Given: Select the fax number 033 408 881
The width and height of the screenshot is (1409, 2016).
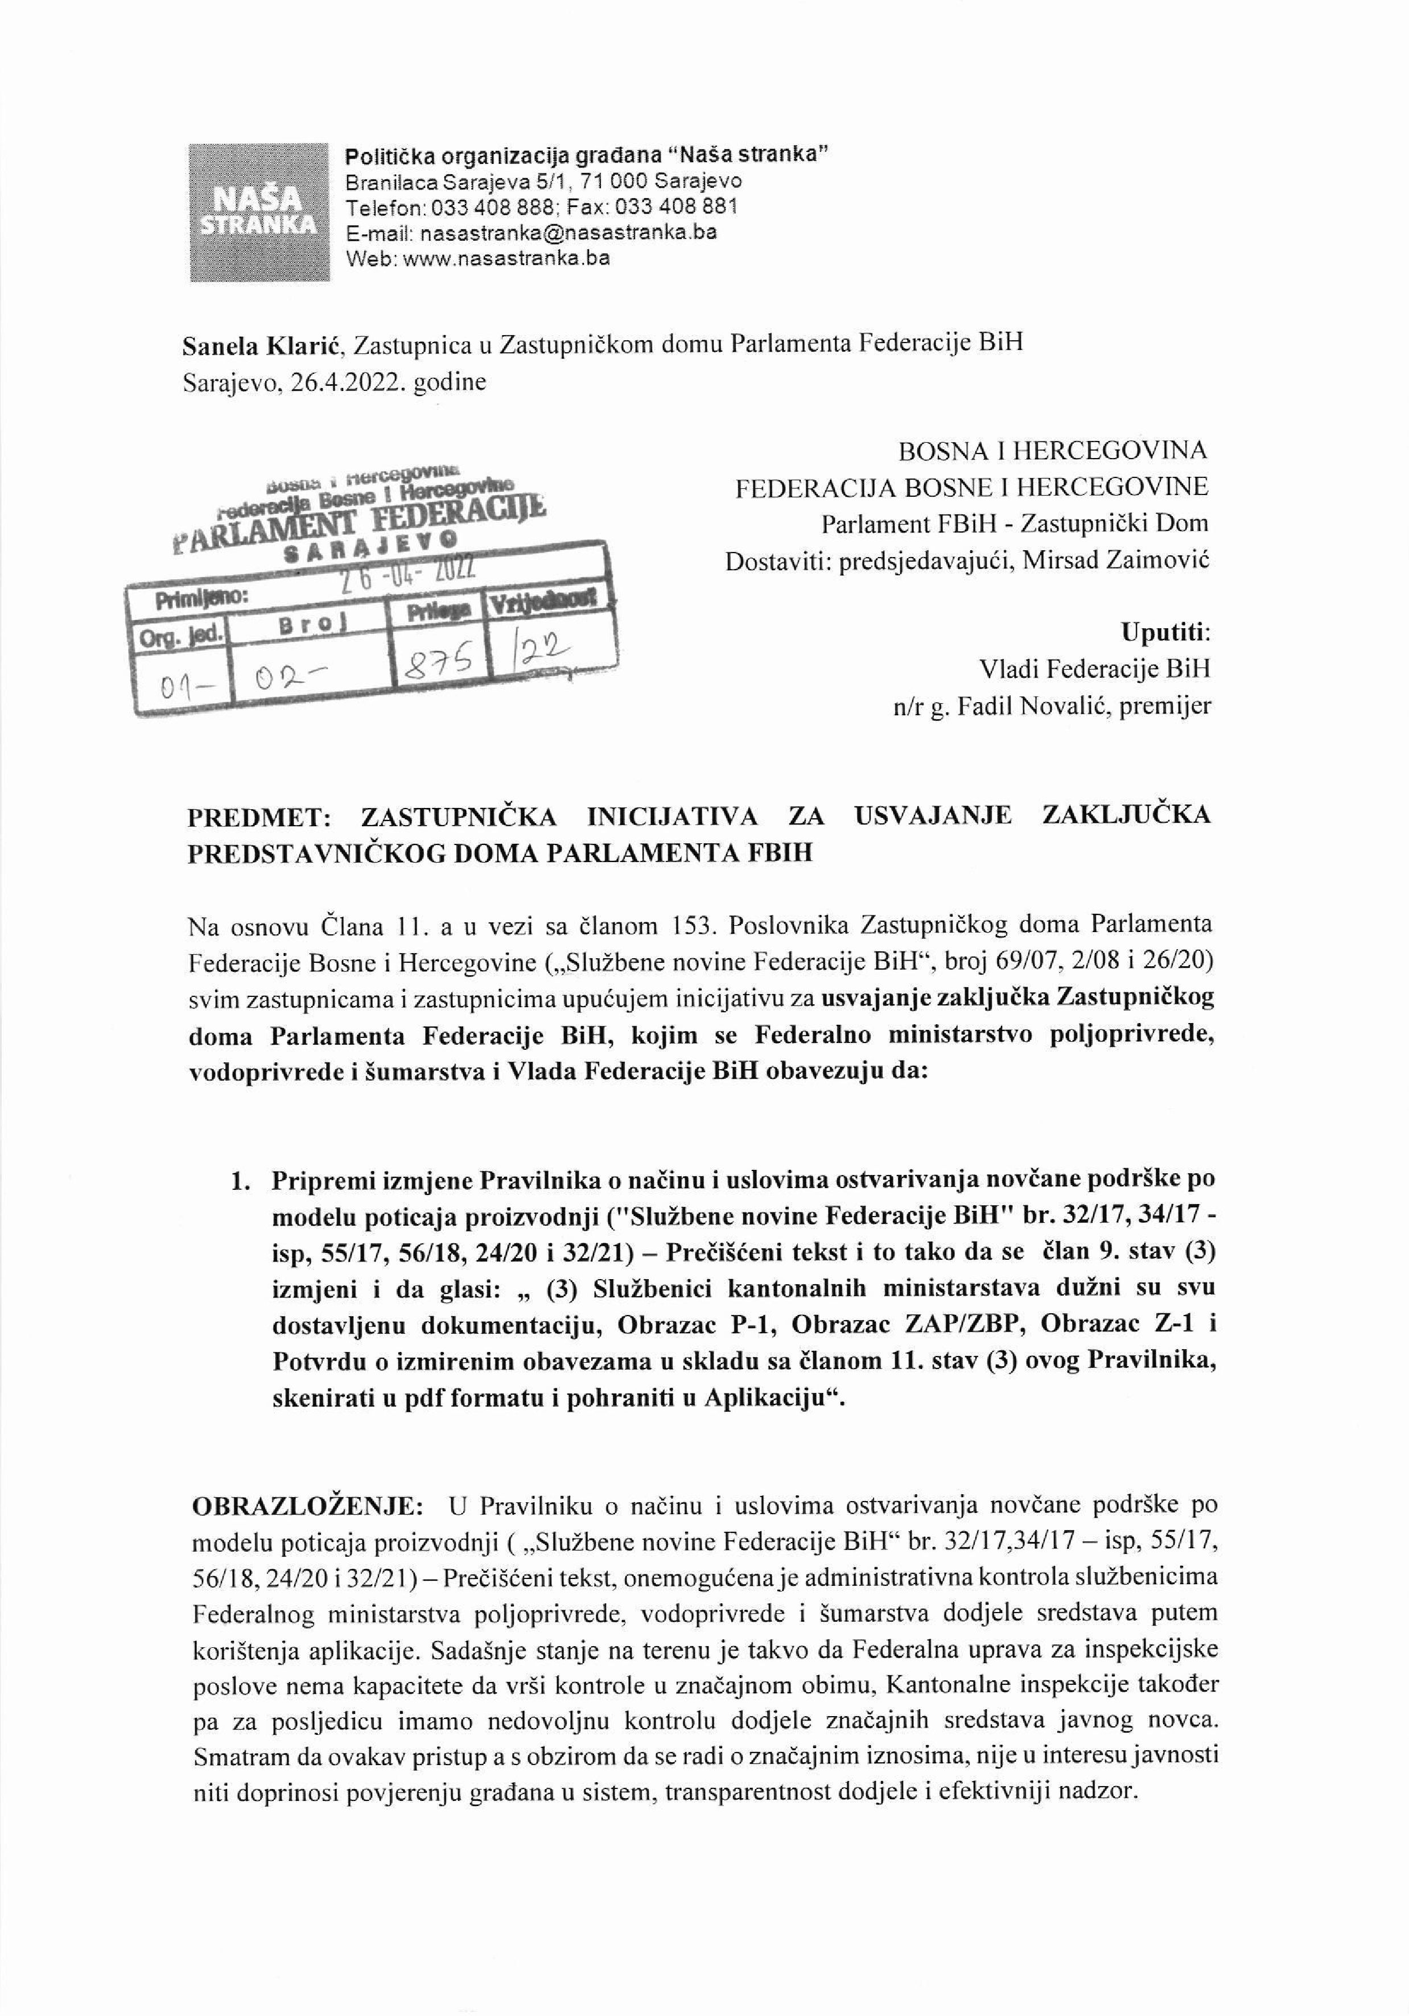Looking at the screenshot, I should [677, 207].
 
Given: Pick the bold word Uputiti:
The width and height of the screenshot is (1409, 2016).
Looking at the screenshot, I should [1165, 632].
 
